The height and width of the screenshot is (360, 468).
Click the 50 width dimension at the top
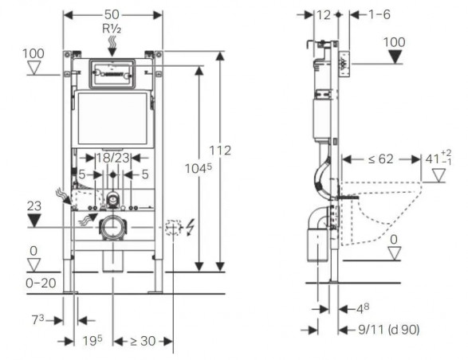112,14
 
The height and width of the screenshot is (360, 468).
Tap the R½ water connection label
112,29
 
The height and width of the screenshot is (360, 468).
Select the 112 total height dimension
220,151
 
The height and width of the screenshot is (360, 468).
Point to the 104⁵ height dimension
199,169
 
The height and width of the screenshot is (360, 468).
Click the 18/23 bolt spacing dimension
113,158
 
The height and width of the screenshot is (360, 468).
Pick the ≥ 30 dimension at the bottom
143,341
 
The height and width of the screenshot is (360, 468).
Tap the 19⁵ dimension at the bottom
92,341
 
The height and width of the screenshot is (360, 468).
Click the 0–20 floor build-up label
41,283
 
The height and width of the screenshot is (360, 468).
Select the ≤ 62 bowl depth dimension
381,159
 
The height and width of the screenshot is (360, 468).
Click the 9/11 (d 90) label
388,329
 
